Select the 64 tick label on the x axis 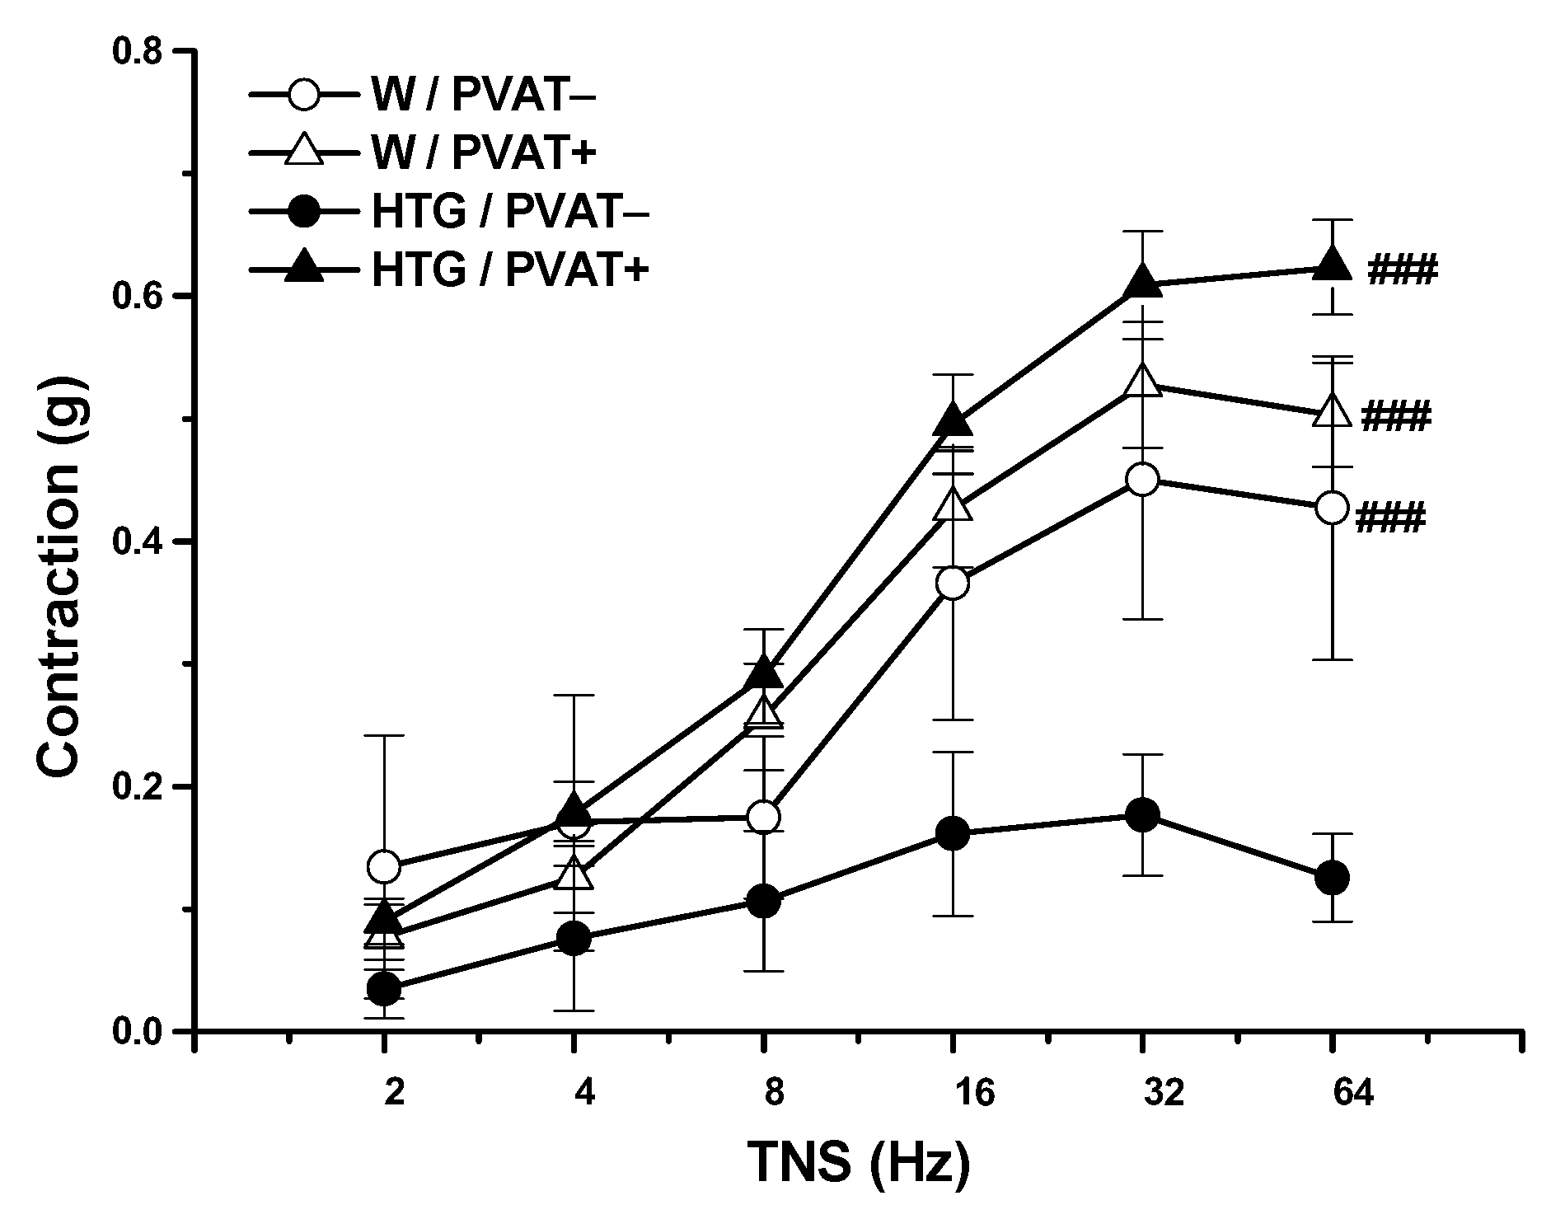point(1332,1093)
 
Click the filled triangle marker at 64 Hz point(1332,264)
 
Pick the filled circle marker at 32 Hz point(1142,815)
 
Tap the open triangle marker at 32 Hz point(1142,381)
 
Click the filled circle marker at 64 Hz point(1332,878)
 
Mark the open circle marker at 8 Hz point(763,817)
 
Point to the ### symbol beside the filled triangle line point(1403,270)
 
